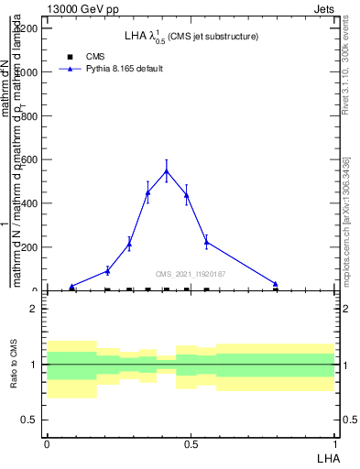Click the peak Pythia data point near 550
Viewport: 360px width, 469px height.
point(166,170)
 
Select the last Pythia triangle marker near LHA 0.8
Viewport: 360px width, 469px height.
point(275,284)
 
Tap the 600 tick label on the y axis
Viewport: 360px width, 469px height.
point(29,159)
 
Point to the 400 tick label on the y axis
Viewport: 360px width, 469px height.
point(29,203)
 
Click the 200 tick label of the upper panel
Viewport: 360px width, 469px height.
point(29,247)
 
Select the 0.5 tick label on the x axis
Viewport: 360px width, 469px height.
point(191,443)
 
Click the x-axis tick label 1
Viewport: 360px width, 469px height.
point(335,443)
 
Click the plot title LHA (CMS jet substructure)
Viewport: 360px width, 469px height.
point(191,37)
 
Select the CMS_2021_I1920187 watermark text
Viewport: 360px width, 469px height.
point(191,274)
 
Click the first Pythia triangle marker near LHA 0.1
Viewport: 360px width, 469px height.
point(72,287)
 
